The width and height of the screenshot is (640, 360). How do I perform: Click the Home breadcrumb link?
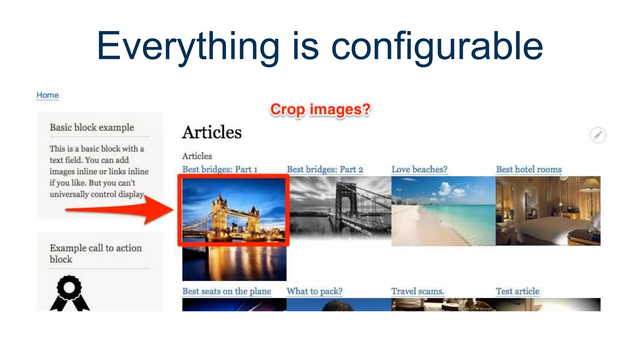click(x=47, y=95)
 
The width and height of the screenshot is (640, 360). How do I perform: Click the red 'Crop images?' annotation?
click(x=320, y=110)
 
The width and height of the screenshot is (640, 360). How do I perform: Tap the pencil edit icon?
click(x=597, y=135)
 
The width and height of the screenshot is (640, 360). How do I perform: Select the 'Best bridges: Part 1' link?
click(x=220, y=169)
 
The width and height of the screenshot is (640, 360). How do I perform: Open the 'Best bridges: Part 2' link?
click(x=325, y=169)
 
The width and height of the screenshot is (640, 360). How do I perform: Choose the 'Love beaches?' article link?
click(x=419, y=169)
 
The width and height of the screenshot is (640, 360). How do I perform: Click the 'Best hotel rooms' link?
click(x=529, y=169)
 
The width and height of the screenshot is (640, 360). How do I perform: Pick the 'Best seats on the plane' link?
click(x=227, y=291)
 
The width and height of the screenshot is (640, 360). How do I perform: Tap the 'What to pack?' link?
click(x=314, y=291)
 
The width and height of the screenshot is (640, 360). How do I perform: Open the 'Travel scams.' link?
click(x=417, y=291)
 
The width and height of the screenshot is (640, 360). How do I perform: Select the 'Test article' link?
click(x=517, y=291)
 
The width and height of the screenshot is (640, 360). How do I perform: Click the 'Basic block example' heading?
click(x=92, y=127)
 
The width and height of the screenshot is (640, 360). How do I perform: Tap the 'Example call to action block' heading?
click(x=95, y=253)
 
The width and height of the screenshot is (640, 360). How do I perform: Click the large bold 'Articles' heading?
click(x=212, y=132)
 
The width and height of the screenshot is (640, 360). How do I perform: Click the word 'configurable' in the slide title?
click(x=437, y=46)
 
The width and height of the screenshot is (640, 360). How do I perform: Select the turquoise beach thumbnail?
click(x=443, y=211)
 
